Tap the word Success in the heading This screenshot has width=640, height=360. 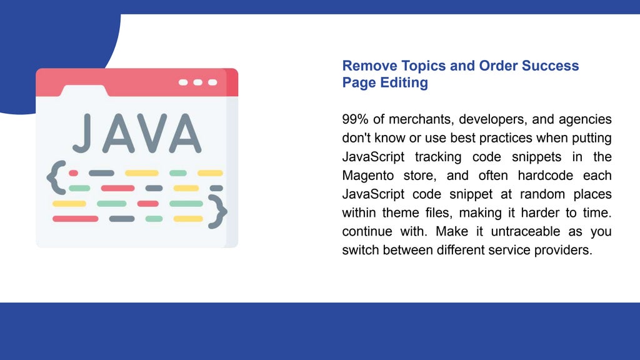pos(550,66)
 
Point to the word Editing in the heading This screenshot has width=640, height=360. pos(404,82)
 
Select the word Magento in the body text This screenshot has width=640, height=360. pos(368,175)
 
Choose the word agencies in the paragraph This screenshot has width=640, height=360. pos(586,119)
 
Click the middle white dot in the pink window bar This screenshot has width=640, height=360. pos(197,82)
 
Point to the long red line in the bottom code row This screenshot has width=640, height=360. pos(75,219)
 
